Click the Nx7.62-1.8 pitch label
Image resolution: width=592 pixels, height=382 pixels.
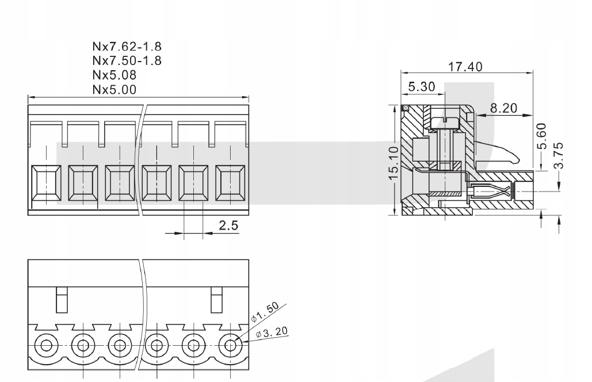(127, 46)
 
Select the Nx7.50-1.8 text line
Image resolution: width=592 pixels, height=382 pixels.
(127, 60)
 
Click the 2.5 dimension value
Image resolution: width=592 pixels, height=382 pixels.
(228, 226)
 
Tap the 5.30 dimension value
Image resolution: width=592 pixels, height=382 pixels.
(422, 87)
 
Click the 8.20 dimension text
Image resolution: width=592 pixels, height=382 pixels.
(503, 108)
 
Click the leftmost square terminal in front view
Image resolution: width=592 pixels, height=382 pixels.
(46, 185)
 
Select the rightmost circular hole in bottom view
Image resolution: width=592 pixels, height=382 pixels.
(231, 346)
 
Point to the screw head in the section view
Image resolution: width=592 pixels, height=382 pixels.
(445, 121)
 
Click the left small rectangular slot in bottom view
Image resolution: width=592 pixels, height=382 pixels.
(62, 300)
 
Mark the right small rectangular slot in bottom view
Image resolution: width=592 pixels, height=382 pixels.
(216, 300)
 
